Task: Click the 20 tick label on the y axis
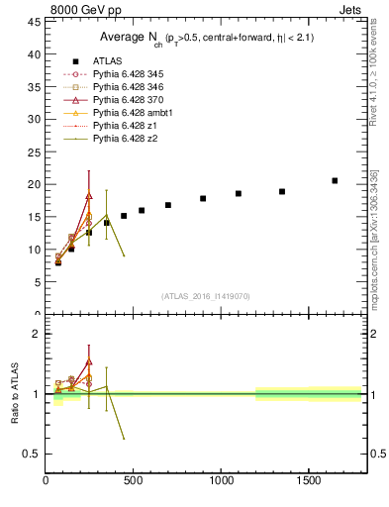coord(34,185)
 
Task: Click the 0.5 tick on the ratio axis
coord(32,455)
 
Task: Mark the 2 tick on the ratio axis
coord(37,334)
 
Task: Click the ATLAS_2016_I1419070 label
coord(205,295)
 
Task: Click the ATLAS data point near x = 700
coord(168,205)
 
